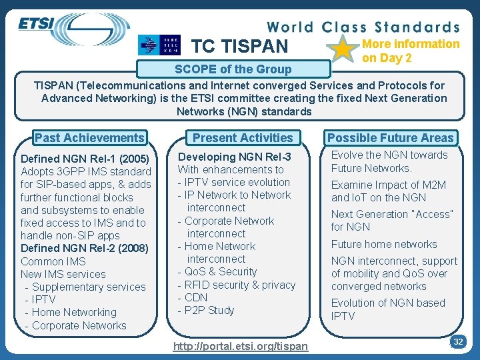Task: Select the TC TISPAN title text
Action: [x=240, y=46]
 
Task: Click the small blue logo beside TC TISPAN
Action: [x=159, y=45]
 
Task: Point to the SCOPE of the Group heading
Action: [x=233, y=69]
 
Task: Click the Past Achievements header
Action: [x=89, y=138]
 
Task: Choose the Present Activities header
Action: [x=243, y=138]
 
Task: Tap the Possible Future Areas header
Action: [x=390, y=138]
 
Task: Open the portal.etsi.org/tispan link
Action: [x=240, y=345]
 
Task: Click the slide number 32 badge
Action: [x=458, y=341]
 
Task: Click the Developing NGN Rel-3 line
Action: [x=235, y=157]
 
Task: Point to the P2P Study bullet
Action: [x=206, y=310]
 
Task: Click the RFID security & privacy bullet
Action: [x=237, y=285]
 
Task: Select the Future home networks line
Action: [x=384, y=244]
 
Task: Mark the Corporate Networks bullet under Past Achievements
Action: [x=75, y=325]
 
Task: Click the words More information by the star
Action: [x=411, y=44]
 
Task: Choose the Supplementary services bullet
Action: [x=85, y=287]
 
